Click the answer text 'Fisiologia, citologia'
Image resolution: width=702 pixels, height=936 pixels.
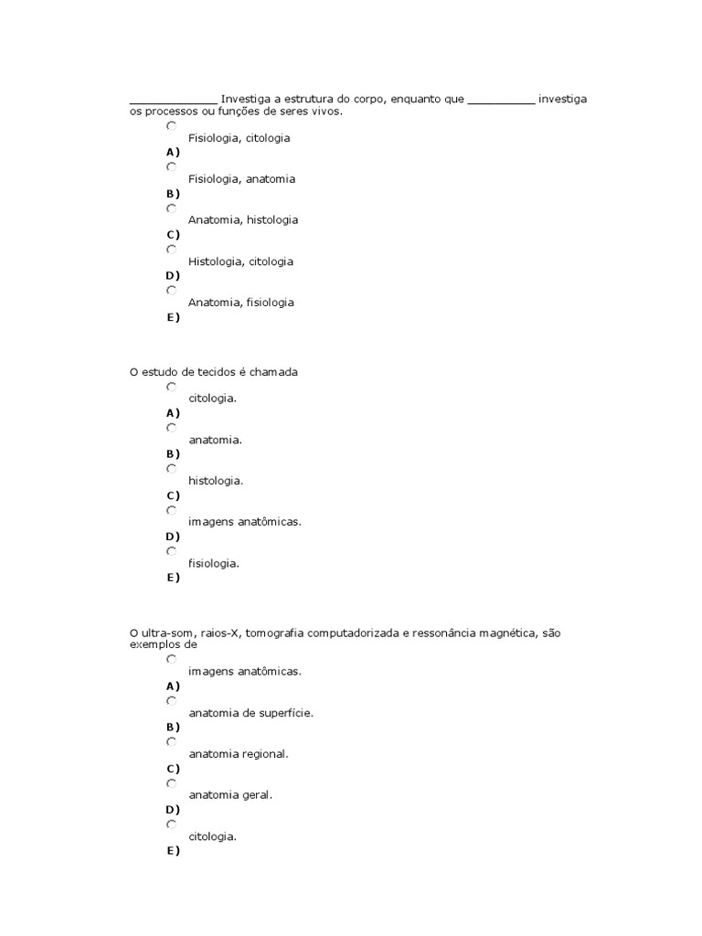tap(239, 138)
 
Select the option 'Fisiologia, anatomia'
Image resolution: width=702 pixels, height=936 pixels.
tap(241, 179)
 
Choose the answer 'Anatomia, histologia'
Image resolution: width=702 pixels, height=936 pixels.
tap(243, 220)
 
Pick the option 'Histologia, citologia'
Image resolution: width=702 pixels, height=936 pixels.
tap(240, 261)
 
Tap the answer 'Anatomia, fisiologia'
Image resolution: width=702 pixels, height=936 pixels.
tap(241, 303)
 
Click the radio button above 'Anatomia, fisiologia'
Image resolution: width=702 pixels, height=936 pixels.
tap(172, 290)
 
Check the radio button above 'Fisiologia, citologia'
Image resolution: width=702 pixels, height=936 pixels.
tap(172, 125)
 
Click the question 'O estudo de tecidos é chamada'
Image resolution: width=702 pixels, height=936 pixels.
tap(214, 372)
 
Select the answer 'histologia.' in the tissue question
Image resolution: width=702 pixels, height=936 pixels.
tap(216, 480)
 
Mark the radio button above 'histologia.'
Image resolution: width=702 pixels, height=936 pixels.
tap(172, 468)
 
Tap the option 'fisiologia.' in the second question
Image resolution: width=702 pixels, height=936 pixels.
tap(214, 563)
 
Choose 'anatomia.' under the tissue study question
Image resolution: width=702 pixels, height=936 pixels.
tap(215, 440)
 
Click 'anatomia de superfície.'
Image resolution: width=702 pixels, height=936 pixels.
tap(250, 712)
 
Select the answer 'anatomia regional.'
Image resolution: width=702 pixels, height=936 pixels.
tap(238, 754)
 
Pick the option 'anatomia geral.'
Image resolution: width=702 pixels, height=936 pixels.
tap(230, 795)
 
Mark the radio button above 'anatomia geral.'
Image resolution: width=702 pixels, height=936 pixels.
tap(172, 783)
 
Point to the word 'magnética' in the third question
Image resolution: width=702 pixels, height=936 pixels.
tap(510, 632)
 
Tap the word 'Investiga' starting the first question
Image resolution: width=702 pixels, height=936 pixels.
tap(246, 99)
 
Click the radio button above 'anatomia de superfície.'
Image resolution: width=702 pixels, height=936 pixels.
tap(172, 700)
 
